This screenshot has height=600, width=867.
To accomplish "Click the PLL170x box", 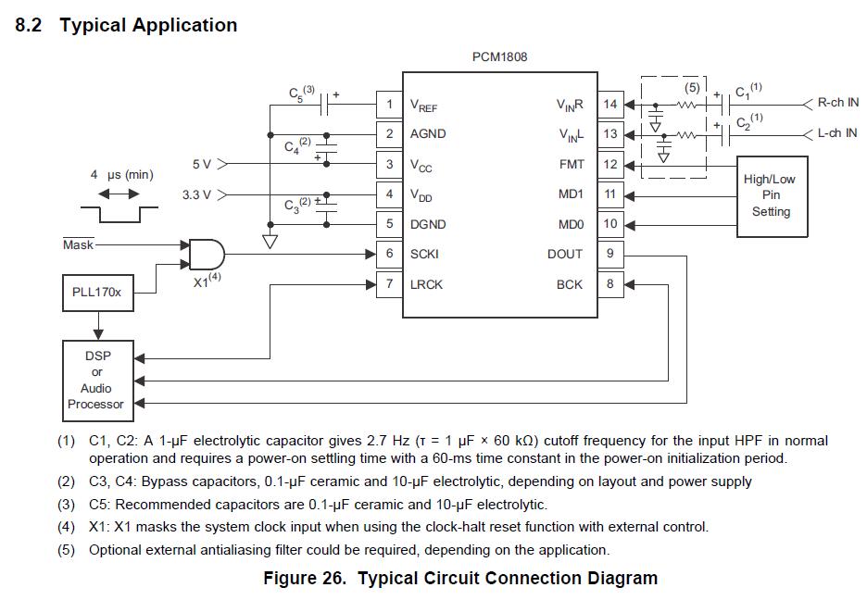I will point(96,292).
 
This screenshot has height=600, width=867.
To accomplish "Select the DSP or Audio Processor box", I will point(96,381).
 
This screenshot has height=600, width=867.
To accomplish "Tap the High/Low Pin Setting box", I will point(770,195).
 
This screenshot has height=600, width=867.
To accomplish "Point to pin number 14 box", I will point(609,104).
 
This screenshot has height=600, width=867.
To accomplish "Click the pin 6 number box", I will point(389,254).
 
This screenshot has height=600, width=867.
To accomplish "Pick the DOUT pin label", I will point(565,254).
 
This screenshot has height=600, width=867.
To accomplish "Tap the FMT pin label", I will point(571,164).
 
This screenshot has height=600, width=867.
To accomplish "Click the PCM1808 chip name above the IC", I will point(499,57).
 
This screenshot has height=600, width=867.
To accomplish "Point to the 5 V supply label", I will point(202,164).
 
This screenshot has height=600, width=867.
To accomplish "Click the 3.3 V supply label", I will point(197,194).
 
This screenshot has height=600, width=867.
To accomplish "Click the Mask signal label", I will point(78,244).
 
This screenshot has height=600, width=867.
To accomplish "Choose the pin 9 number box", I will point(609,254).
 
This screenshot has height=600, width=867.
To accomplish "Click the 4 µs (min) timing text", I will point(121,174).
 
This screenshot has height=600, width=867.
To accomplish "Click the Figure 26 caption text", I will point(460,579).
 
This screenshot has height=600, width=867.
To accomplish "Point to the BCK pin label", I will point(570,284).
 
